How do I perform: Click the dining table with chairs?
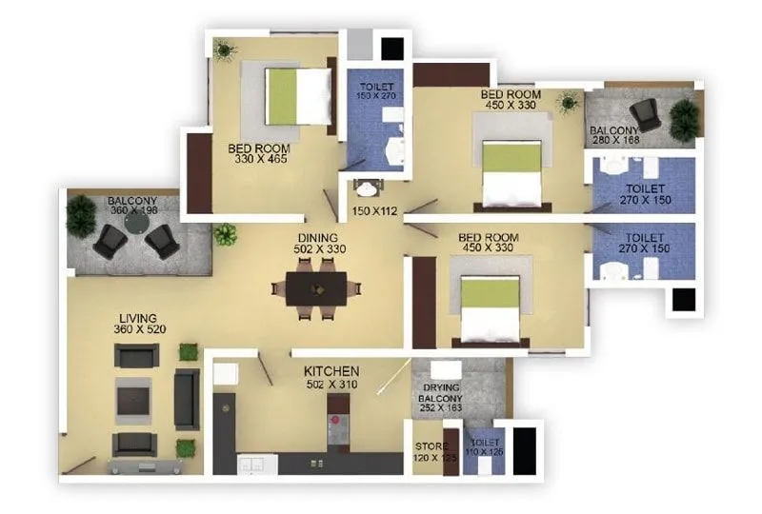pyautogui.click(x=317, y=287)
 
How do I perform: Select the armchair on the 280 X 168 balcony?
pyautogui.click(x=646, y=113)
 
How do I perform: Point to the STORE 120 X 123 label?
pyautogui.click(x=435, y=452)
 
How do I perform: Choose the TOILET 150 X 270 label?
pyautogui.click(x=375, y=90)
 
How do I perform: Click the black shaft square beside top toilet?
pyautogui.click(x=391, y=49)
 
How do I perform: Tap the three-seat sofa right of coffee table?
pyautogui.click(x=187, y=398)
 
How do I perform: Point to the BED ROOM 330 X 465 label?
pyautogui.click(x=258, y=154)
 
